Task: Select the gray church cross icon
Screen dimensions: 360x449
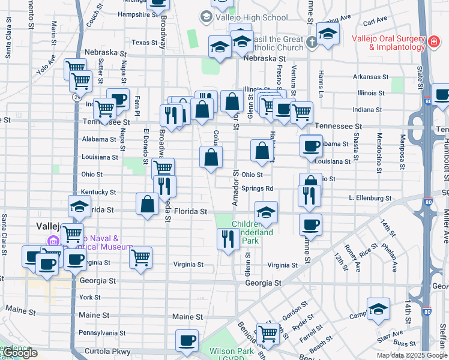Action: [311, 43]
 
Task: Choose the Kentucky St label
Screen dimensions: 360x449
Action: [98, 192]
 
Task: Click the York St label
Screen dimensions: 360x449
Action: [89, 297]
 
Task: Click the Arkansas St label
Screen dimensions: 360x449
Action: [370, 77]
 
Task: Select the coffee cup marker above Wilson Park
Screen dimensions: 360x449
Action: [187, 341]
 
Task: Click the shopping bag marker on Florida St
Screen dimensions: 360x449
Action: [147, 204]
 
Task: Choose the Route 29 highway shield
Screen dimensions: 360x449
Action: [77, 96]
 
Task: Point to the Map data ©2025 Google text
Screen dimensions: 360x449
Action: [411, 355]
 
